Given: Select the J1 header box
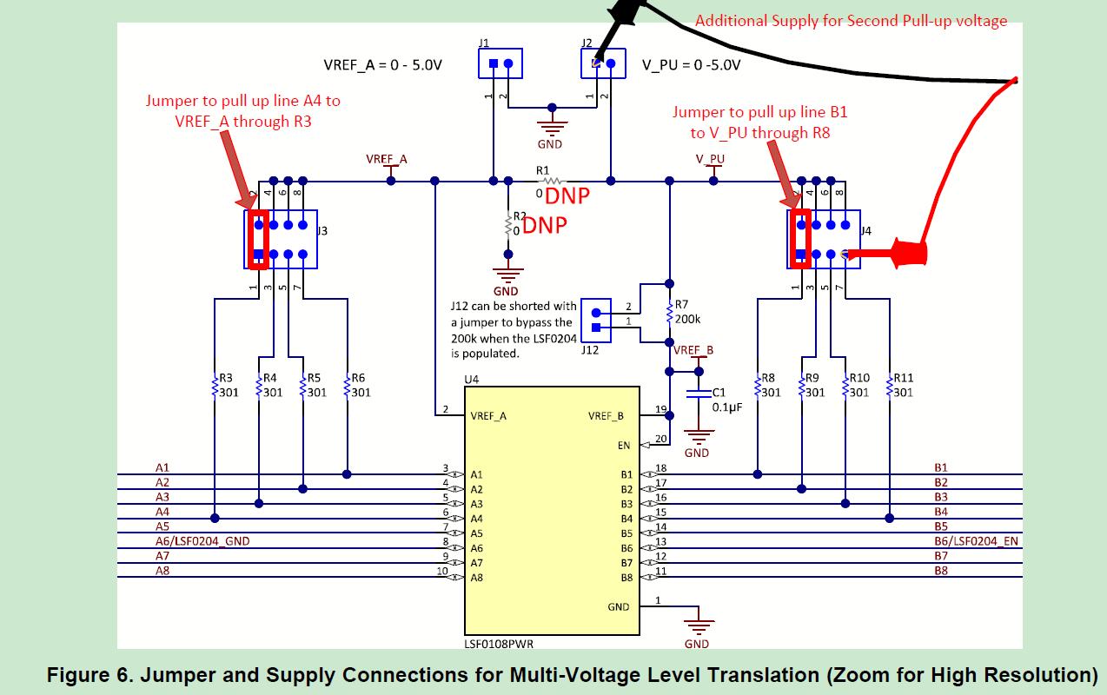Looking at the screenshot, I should (500, 63).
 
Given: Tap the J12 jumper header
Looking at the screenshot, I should (595, 318).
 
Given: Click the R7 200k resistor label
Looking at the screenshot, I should (687, 312).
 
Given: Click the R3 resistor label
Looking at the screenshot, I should (226, 385).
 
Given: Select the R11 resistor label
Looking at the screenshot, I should (903, 385).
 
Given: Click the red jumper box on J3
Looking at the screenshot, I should (258, 239).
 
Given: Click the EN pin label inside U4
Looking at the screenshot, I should (624, 446).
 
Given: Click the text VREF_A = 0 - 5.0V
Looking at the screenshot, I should (382, 65).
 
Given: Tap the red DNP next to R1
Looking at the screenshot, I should (567, 196).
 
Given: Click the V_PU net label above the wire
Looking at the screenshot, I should (710, 159).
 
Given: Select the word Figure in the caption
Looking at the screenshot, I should (88, 675).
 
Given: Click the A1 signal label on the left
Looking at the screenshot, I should (162, 467).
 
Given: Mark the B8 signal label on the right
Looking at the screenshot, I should (941, 571).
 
